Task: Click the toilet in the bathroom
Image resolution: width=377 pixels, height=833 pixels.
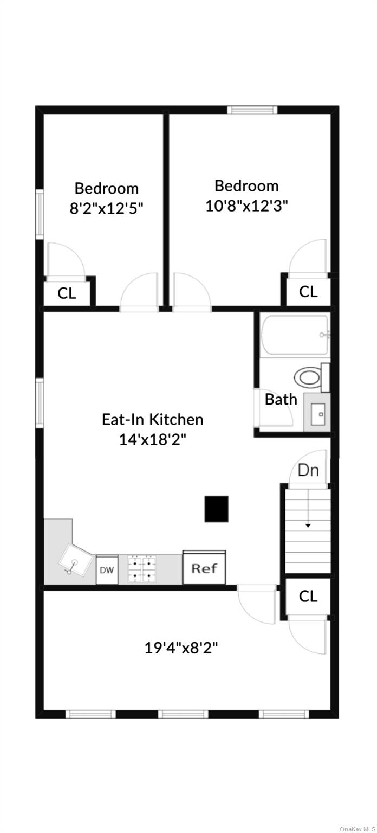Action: tap(309, 377)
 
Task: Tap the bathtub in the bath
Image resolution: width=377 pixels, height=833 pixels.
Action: tap(295, 335)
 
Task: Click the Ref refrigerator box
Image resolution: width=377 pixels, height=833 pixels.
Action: tap(204, 568)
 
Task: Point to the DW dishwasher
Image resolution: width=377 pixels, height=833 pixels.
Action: tap(107, 570)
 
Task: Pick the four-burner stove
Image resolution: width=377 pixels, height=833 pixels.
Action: tap(141, 569)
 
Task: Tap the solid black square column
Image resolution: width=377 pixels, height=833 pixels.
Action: tap(217, 509)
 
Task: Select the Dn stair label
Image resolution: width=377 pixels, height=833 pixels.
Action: tap(309, 470)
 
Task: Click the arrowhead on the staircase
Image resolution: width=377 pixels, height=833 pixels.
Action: tap(308, 525)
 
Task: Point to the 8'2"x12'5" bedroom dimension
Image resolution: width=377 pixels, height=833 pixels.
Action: tap(107, 208)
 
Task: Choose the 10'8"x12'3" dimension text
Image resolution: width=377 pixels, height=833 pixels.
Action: tap(246, 206)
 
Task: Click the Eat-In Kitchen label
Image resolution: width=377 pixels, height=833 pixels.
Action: tap(153, 419)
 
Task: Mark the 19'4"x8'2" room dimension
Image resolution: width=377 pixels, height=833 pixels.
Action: tap(181, 648)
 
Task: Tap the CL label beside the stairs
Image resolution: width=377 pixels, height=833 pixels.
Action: tap(308, 596)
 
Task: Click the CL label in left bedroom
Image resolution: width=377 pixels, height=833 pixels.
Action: tap(67, 294)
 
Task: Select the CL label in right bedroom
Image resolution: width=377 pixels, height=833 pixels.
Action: tap(308, 292)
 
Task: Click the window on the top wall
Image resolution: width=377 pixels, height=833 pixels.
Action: tap(252, 110)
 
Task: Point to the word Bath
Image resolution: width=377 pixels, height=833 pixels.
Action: tap(281, 400)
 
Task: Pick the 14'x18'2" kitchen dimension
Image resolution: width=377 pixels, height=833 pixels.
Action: tap(153, 439)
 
